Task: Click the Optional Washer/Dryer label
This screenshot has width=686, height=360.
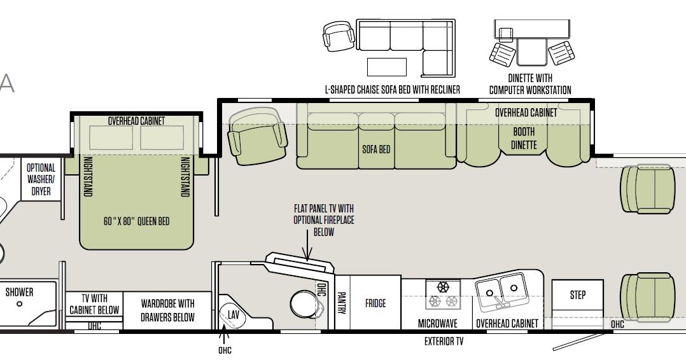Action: tap(41, 179)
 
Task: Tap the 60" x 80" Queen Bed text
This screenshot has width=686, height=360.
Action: tap(136, 221)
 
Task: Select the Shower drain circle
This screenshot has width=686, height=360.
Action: tap(19, 303)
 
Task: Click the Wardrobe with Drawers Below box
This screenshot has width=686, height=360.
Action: tap(167, 310)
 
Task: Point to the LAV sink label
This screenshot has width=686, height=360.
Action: tap(234, 315)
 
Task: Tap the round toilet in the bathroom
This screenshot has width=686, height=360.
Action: tap(304, 303)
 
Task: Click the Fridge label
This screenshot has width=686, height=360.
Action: tap(375, 303)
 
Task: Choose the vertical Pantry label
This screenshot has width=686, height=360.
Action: tap(342, 303)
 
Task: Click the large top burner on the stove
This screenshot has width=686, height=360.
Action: tap(443, 287)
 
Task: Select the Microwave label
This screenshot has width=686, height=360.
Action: tap(438, 324)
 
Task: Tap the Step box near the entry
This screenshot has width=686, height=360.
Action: tap(578, 295)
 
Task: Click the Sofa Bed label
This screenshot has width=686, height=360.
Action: tap(376, 149)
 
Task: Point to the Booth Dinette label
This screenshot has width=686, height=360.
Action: tap(524, 138)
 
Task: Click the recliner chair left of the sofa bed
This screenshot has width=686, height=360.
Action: tap(258, 136)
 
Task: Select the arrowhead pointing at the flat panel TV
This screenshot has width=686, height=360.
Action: tap(307, 255)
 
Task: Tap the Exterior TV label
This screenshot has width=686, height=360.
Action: tap(444, 341)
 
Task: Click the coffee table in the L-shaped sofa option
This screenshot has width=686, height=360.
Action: tap(387, 67)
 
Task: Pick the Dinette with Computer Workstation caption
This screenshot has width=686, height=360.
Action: tap(530, 84)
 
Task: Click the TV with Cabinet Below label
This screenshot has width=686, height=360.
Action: tap(94, 304)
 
